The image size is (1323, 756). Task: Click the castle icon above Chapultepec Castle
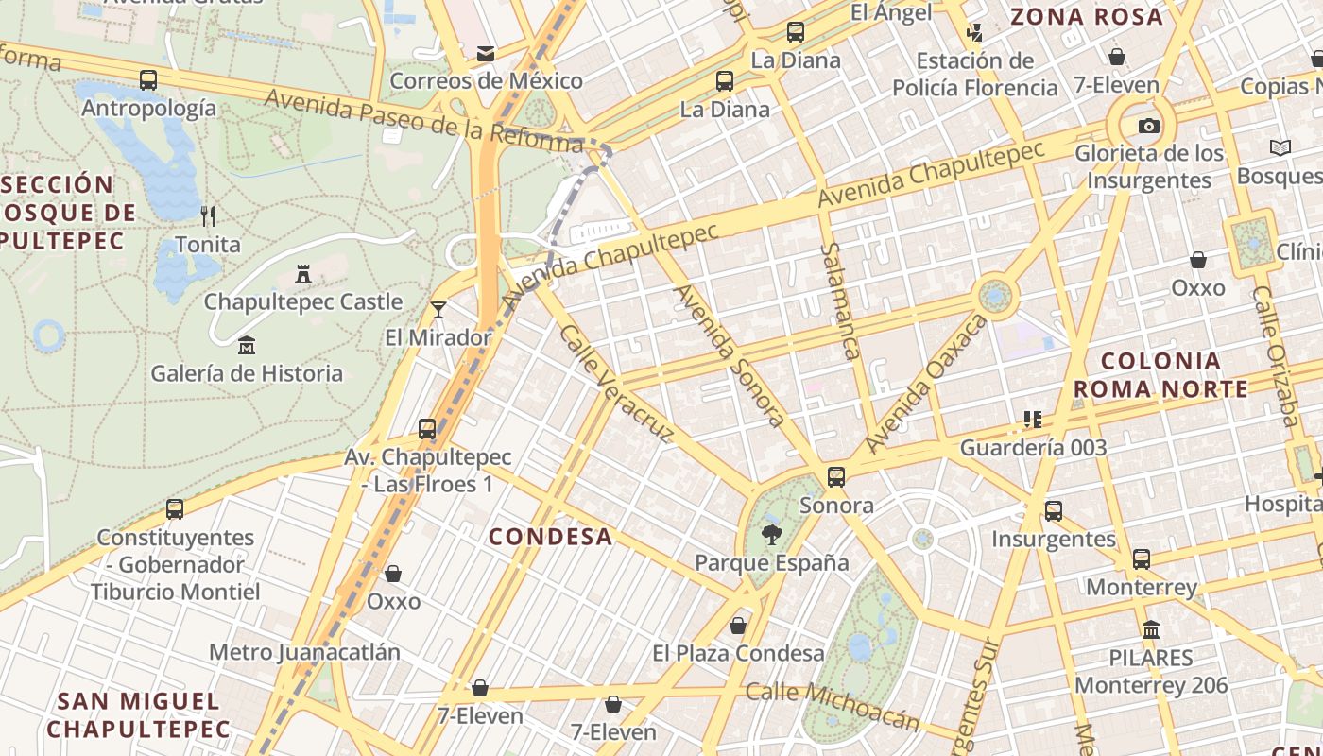click(303, 274)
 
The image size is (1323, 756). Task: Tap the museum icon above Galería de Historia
click(247, 345)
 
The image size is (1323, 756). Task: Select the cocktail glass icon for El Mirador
click(438, 309)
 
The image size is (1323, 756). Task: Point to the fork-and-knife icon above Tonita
click(208, 216)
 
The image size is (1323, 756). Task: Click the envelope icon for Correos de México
click(486, 53)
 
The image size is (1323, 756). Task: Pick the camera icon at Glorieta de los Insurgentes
click(1148, 126)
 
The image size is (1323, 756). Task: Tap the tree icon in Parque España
click(772, 535)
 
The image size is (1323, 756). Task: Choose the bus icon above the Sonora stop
click(836, 477)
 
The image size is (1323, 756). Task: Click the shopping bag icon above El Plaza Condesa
click(738, 626)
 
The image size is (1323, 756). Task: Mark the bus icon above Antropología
click(148, 80)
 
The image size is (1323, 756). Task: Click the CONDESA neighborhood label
click(550, 537)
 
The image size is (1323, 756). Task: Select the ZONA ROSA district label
click(1086, 16)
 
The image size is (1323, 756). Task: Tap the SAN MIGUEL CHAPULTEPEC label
click(138, 714)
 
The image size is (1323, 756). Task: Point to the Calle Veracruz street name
click(615, 384)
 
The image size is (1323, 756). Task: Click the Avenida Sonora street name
click(729, 355)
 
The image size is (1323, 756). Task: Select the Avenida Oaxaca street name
click(926, 384)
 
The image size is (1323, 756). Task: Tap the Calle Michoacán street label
click(833, 705)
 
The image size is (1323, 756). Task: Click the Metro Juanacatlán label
click(304, 652)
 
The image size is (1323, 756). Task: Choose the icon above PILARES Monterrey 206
click(1151, 629)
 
